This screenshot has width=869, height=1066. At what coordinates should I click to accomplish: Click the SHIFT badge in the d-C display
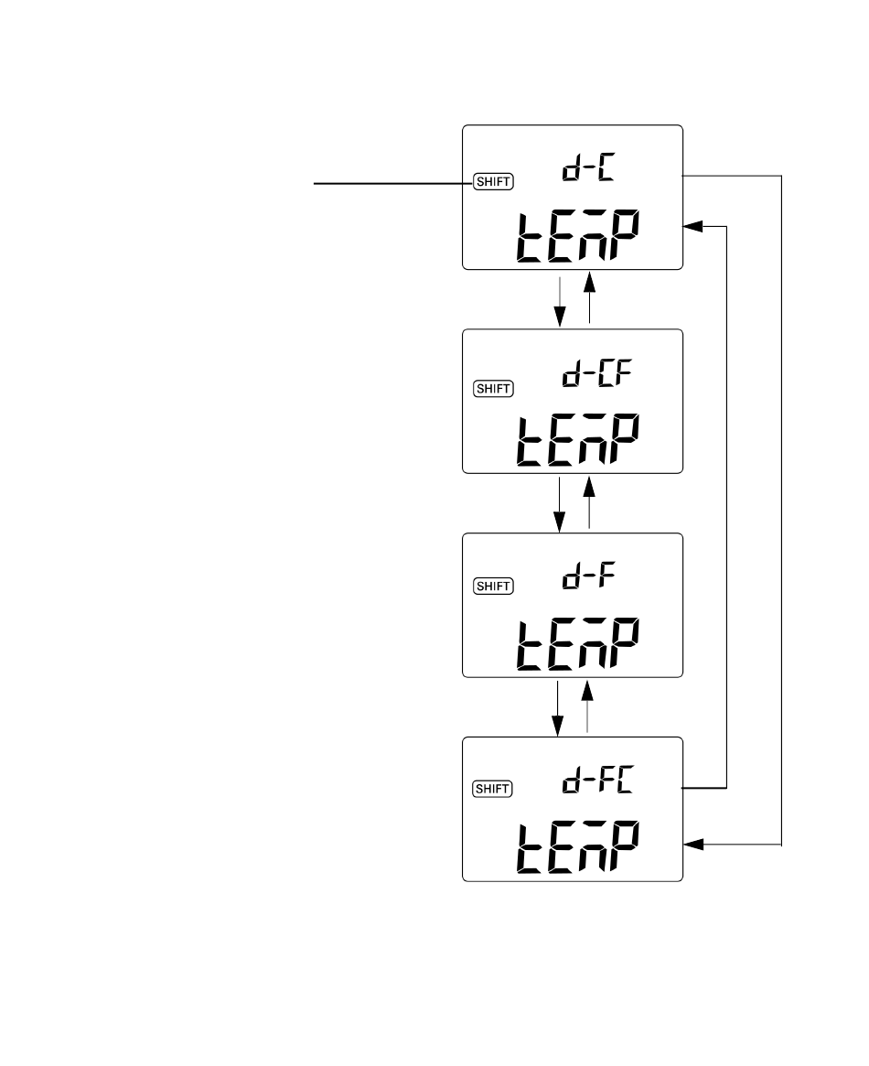(x=493, y=181)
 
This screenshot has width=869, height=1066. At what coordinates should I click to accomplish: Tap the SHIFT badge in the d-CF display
(x=493, y=388)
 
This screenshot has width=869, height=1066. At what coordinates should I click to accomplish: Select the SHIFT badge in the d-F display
(x=493, y=586)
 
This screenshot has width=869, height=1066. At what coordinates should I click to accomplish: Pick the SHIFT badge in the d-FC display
(x=493, y=789)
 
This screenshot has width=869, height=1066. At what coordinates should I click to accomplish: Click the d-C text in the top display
(x=588, y=167)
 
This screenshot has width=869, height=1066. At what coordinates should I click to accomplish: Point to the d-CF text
(x=597, y=372)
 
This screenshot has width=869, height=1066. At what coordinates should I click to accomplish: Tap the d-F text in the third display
(x=588, y=576)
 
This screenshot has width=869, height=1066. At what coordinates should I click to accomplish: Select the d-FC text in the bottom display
(x=597, y=779)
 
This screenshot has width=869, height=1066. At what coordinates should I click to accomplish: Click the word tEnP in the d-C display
(x=577, y=236)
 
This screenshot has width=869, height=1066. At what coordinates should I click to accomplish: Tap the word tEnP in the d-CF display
(x=577, y=440)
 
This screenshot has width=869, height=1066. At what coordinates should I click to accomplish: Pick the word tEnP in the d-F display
(x=577, y=644)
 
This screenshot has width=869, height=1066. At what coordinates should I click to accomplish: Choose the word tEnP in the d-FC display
(x=577, y=848)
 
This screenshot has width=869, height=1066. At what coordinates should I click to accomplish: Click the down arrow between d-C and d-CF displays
(x=559, y=301)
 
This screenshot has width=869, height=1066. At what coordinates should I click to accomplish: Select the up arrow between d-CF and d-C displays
(x=589, y=297)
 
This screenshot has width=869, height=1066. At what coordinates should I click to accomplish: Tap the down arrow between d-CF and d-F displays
(x=559, y=504)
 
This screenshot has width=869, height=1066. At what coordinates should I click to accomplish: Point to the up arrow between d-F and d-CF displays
(x=589, y=502)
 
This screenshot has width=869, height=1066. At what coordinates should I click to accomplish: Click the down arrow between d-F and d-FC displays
(x=558, y=708)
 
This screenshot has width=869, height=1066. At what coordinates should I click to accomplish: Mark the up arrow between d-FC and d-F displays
(x=587, y=706)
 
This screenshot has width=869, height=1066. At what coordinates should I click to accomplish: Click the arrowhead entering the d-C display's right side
(x=693, y=226)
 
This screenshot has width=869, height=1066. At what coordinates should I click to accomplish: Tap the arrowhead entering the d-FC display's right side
(x=693, y=845)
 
